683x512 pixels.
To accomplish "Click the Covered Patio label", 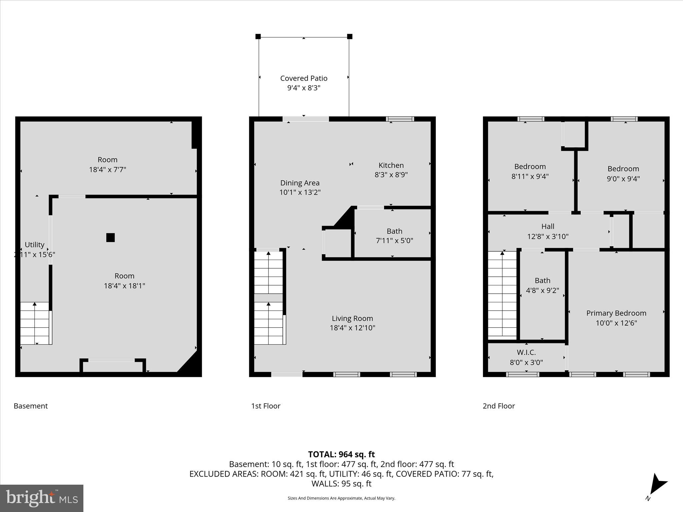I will point(303,78).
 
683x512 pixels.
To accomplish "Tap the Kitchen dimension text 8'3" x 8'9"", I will point(391,175).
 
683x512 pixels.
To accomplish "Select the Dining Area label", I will point(300,183).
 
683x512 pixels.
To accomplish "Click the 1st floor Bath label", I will point(395,231).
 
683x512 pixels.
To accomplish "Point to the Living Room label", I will point(352,318).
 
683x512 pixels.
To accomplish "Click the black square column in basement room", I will point(110,238).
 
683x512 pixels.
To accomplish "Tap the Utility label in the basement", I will point(34,245).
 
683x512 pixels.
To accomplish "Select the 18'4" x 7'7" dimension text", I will point(107,169).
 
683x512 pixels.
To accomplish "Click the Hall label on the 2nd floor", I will point(548,226).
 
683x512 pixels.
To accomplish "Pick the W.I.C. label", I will point(526,352).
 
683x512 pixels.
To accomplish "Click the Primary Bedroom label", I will point(616,313).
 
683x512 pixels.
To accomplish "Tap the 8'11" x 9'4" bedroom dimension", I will point(530,176).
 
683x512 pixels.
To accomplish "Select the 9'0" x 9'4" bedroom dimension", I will point(623,178).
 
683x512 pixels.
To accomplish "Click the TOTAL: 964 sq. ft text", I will point(341,454).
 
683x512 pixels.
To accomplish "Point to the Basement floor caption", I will point(31,406).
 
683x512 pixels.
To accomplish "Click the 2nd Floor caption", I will point(499,406).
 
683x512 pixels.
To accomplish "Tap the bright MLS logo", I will point(42,498).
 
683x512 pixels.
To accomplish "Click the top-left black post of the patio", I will point(258,36).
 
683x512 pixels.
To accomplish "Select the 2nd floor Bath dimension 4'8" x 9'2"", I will point(542,290).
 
